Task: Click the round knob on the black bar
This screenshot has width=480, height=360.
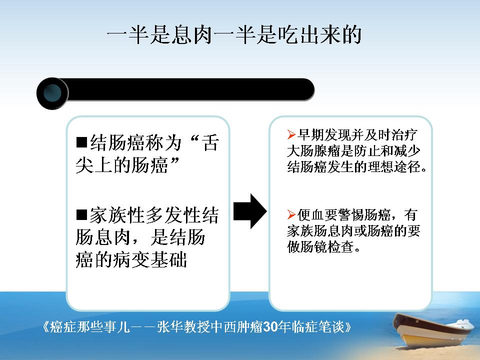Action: [52, 93]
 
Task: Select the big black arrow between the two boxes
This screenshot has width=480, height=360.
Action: [250, 211]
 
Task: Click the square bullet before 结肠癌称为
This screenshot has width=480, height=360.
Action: [81, 142]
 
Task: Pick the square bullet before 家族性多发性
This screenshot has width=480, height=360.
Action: [81, 214]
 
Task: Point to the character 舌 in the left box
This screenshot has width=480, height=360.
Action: [210, 142]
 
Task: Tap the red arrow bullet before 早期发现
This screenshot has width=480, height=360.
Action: [291, 134]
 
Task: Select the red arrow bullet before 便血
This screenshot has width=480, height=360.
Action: [291, 214]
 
